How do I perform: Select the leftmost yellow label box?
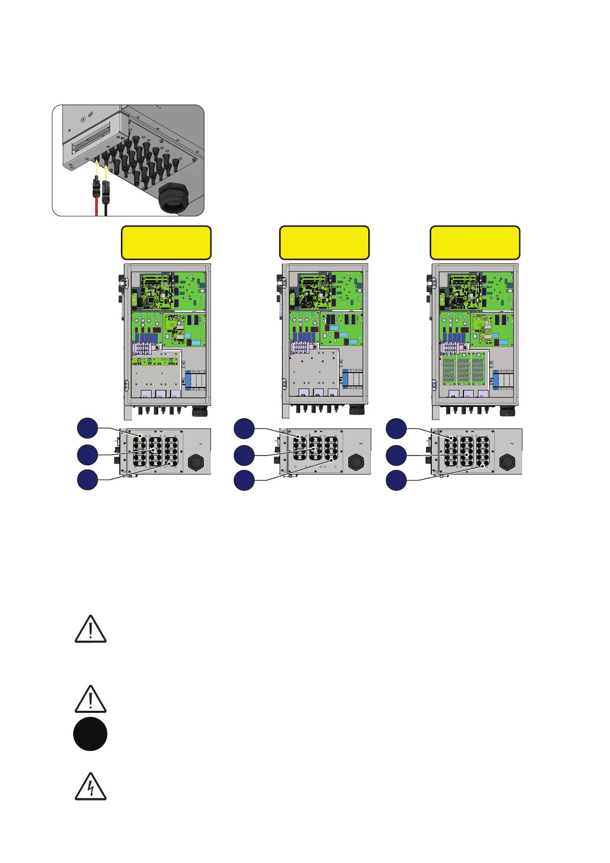[x=166, y=243]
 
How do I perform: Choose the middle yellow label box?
[x=324, y=243]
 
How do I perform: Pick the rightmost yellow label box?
[x=475, y=243]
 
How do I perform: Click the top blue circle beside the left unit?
[x=88, y=428]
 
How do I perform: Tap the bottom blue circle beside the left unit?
[x=88, y=479]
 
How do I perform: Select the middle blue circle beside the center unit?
[x=244, y=455]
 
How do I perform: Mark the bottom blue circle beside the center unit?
[x=244, y=480]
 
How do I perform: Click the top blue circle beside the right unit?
[x=396, y=428]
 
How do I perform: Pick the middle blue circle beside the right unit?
[x=396, y=455]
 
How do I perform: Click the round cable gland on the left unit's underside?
[x=196, y=462]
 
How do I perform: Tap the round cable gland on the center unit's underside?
[x=355, y=462]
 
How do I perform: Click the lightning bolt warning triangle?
[x=91, y=787]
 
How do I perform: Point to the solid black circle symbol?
[x=90, y=735]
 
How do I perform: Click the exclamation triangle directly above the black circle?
[x=91, y=699]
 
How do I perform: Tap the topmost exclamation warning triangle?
[x=91, y=629]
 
